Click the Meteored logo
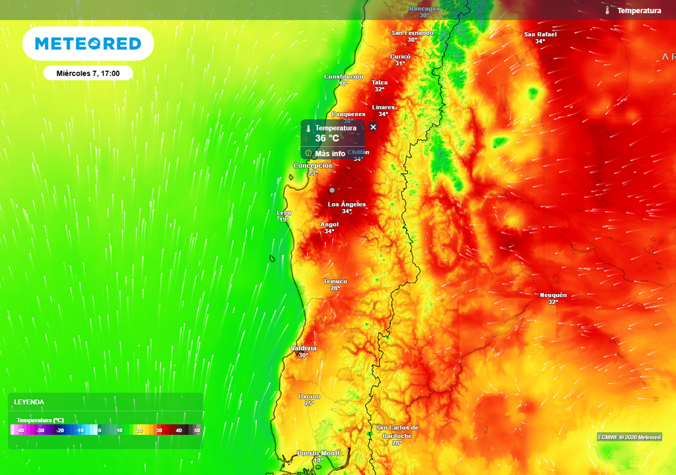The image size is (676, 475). point(88,44)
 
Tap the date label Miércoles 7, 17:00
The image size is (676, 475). point(88,73)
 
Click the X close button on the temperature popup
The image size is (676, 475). point(373,127)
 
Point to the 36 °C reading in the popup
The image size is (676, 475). point(327,139)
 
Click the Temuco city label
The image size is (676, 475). point(335,282)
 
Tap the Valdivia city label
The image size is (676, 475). point(304,348)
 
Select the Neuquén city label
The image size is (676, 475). point(553,295)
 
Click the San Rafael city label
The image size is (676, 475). point(540,34)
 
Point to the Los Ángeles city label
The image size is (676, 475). point(347,205)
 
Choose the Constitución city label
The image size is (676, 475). point(343,77)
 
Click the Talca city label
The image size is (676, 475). point(380,82)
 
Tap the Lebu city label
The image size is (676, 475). point(284,213)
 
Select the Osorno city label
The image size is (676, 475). point(309,396)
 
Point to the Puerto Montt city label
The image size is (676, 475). point(318,453)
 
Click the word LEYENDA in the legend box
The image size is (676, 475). point(29,402)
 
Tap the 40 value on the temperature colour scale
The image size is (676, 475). point(178,430)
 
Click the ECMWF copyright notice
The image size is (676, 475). point(629,437)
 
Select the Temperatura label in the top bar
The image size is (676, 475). point(638,11)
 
